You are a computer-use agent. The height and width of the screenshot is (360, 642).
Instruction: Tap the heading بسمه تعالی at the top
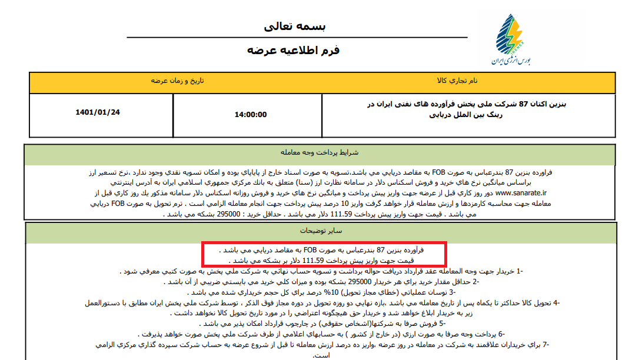(x=295, y=26)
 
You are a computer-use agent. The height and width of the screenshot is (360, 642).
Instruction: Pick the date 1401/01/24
(x=98, y=112)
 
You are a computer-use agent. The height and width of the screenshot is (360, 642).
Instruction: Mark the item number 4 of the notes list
(x=555, y=302)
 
